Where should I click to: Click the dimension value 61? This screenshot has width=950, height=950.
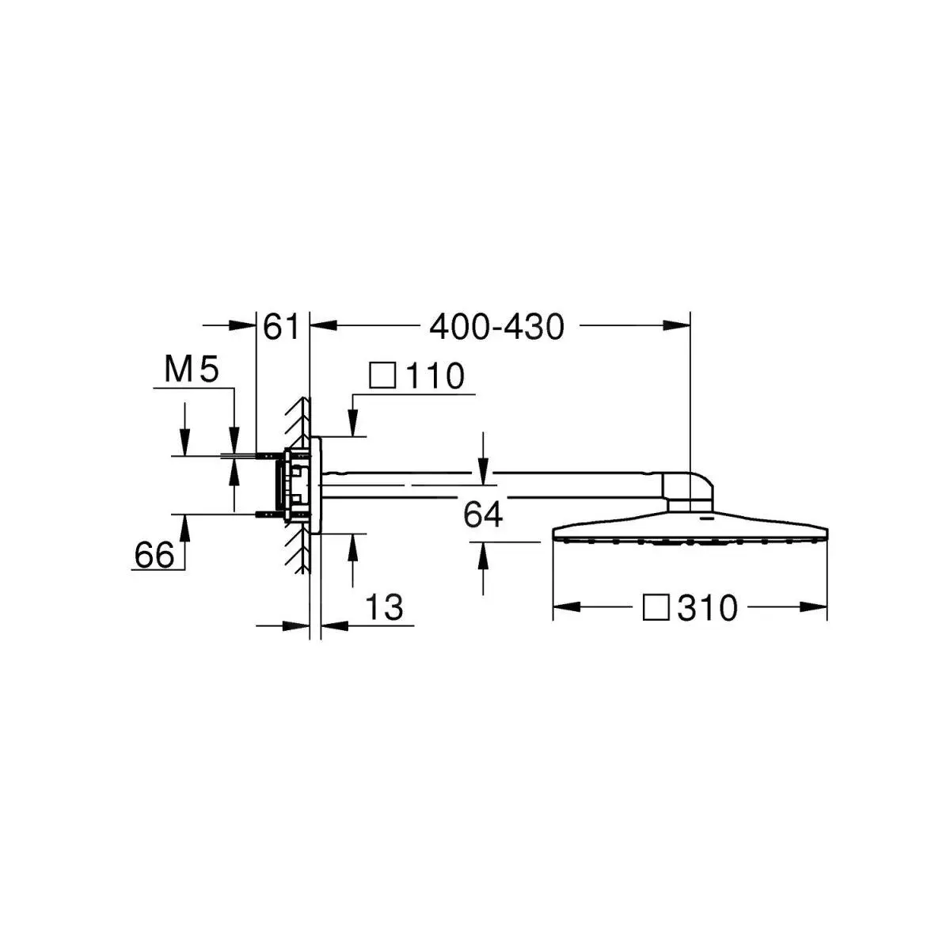click(281, 326)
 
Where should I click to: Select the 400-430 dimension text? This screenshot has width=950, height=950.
click(496, 326)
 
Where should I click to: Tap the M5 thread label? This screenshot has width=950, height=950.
click(191, 370)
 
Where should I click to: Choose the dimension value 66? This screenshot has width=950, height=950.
click(154, 555)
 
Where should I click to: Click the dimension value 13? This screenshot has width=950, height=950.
click(384, 607)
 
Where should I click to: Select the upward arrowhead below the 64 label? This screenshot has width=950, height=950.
click(483, 553)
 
